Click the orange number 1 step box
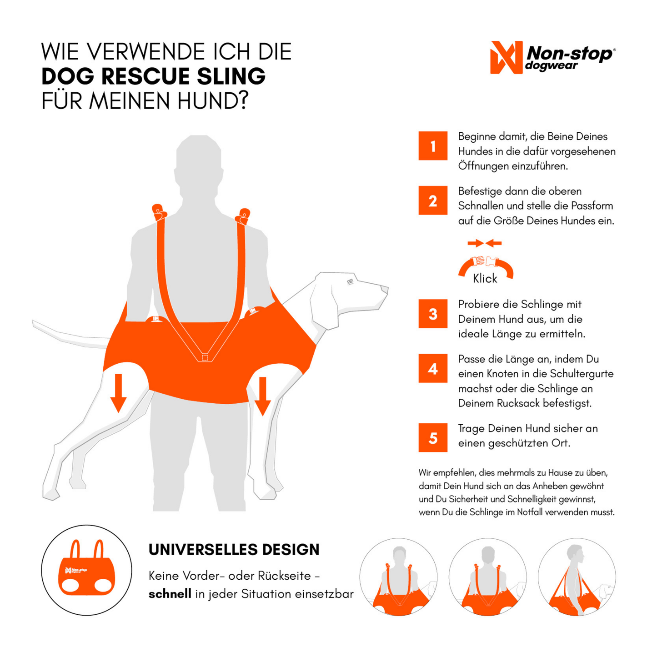coord(433,145)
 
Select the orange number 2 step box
coord(433,201)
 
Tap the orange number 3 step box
coord(433,314)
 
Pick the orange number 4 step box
coord(433,368)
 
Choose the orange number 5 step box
coord(433,438)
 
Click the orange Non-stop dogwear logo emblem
coord(506,57)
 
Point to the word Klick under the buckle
coord(485,279)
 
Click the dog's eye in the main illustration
coord(350,281)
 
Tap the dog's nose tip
coord(385,289)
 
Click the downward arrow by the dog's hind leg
coord(118,393)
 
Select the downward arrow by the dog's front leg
coord(262,396)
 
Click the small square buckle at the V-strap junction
coord(205,357)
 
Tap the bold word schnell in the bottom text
coord(170,594)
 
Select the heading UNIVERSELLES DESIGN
coord(234,550)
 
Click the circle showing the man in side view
coord(577,577)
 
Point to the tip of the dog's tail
coord(33,322)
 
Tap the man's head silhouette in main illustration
coord(199,157)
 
